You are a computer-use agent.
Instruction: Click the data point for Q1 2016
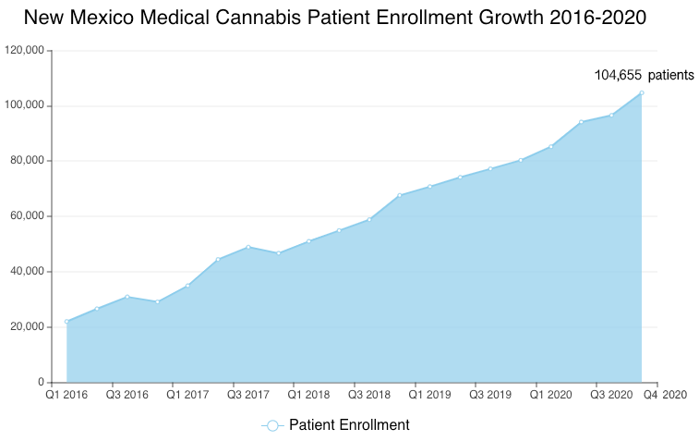tap(66, 322)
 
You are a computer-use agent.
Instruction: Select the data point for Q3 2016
tap(127, 297)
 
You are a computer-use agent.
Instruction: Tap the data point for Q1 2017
tap(187, 286)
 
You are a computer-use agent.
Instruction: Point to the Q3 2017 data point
tap(248, 247)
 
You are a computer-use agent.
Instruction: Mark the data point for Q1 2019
tap(429, 187)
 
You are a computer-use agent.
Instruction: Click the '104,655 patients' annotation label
tap(644, 75)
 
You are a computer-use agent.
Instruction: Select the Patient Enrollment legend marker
tap(271, 425)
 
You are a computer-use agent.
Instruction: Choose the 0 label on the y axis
tap(41, 382)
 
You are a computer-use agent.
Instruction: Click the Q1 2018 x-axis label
tap(308, 396)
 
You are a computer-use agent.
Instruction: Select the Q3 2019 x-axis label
tap(490, 396)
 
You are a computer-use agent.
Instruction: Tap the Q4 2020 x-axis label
tap(665, 396)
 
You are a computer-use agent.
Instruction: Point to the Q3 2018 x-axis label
tap(369, 396)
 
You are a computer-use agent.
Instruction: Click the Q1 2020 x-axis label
tap(550, 396)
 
